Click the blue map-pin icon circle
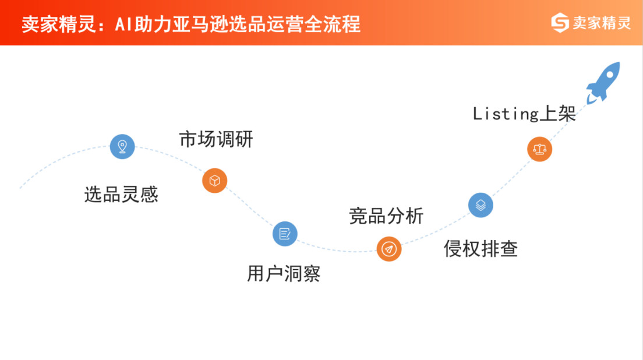pos(122,146)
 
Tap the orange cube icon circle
pos(214,181)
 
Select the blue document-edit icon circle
pos(285,234)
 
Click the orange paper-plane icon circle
pos(388,249)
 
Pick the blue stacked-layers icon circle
pos(481,205)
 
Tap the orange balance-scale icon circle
pos(539,149)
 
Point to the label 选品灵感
pos(121,194)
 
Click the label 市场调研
pos(216,140)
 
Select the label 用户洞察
pos(284,273)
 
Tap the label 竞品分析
pos(386,216)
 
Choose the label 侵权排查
pos(481,249)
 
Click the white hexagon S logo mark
pos(560,23)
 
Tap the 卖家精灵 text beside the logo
pos(602,23)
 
